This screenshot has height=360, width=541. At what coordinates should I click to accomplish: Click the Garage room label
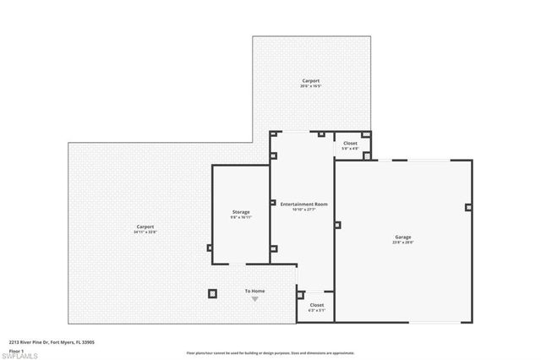point(403,237)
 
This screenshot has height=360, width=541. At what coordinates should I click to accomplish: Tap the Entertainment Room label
point(303,205)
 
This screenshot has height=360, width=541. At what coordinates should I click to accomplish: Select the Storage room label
point(241,211)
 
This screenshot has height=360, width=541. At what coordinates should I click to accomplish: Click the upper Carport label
point(312,81)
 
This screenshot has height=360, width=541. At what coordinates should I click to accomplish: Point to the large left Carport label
point(145,226)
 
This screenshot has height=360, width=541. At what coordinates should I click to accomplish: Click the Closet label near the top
point(350,144)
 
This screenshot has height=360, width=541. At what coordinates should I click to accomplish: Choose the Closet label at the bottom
point(316,305)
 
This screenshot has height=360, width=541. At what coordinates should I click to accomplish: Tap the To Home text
point(255,292)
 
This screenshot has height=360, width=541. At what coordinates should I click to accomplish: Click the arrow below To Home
point(255,299)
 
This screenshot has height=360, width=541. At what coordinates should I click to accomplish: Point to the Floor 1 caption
point(16,350)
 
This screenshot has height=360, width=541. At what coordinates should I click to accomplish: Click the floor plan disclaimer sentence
point(270,352)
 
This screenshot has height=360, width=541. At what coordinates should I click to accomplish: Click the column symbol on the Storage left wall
point(210,248)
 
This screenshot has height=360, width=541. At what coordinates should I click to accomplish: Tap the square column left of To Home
point(212,293)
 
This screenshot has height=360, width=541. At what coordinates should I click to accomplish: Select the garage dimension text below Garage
point(403,243)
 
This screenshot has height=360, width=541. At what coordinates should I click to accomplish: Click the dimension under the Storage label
point(241,217)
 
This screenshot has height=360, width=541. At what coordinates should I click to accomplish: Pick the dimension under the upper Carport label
point(312,87)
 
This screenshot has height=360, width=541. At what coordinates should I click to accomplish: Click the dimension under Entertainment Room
point(303,210)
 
